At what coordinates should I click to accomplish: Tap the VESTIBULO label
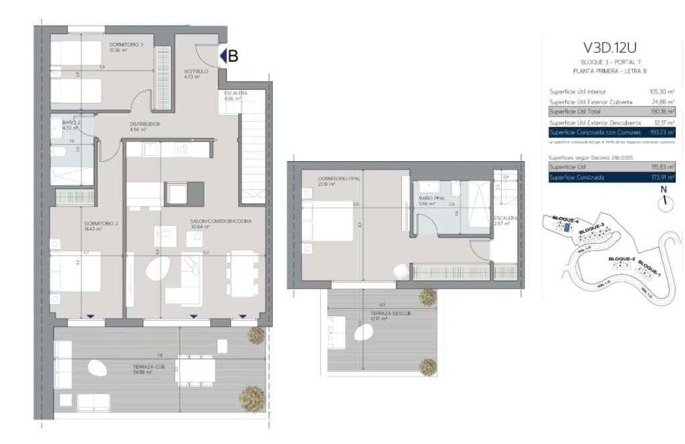pos(196,72)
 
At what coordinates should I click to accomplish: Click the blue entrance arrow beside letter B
pos(223,57)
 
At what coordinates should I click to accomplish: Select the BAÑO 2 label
pos(72,122)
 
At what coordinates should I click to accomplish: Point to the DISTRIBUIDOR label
pos(145,124)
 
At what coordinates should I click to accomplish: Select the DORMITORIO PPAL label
pos(334,178)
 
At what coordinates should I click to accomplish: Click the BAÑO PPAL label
pos(431,198)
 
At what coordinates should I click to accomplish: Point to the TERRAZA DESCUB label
pos(378,313)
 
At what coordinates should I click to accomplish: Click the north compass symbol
pos(664,204)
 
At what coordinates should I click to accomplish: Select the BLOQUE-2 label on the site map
pos(621,258)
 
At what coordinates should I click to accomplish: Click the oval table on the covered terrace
pos(97,366)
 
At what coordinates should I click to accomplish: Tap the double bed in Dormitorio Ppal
pos(326,221)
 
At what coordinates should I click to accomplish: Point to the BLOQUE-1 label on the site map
pos(650,268)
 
